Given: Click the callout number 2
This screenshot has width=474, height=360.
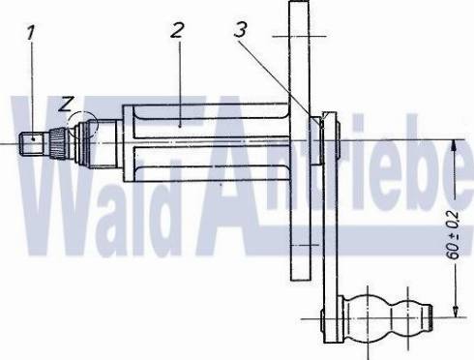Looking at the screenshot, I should click(175, 29).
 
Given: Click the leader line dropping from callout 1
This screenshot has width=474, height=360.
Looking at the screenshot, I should click(33, 87).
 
